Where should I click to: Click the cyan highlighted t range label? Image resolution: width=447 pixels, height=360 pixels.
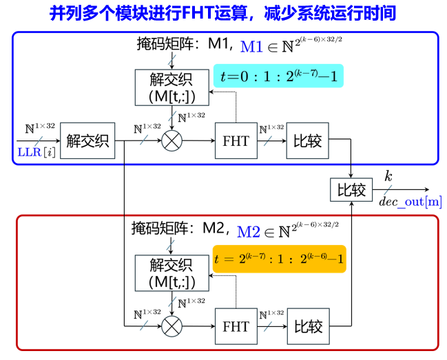[278, 76]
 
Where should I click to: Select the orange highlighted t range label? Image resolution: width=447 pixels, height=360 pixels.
[279, 259]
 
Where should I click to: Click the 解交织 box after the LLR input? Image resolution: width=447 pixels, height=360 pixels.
[89, 141]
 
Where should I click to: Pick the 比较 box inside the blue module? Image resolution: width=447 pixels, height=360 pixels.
[308, 141]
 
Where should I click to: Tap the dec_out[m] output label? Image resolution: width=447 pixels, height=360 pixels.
[410, 202]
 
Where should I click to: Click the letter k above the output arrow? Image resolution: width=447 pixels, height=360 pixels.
[388, 176]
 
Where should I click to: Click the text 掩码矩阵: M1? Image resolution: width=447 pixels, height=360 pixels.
[185, 45]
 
